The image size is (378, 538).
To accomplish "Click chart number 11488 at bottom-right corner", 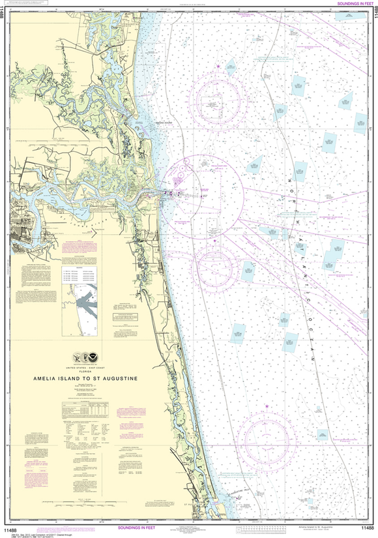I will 366,527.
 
